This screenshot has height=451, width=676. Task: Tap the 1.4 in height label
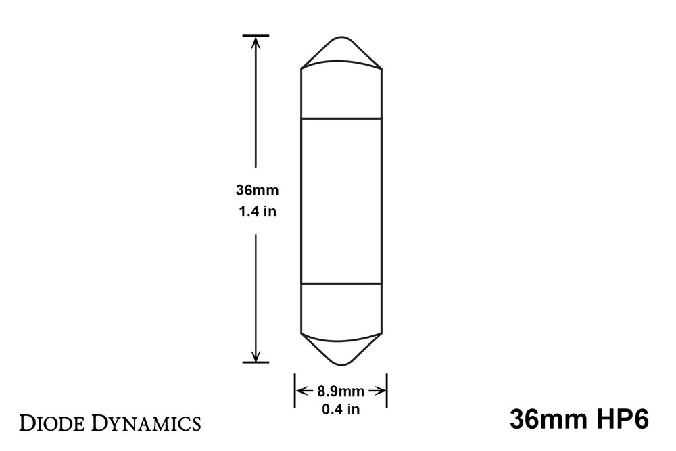click(x=256, y=211)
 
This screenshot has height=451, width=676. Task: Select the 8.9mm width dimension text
click(x=340, y=390)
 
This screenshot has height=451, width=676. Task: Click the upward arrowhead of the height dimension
click(x=256, y=41)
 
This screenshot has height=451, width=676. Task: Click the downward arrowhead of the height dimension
click(x=256, y=356)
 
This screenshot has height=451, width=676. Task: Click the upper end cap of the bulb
click(x=341, y=91)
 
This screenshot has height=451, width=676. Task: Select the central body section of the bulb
click(x=341, y=200)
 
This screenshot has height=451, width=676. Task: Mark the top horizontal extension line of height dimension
click(x=256, y=35)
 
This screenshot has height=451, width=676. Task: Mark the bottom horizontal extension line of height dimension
click(x=256, y=362)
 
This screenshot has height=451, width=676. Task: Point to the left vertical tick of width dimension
click(x=294, y=390)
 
